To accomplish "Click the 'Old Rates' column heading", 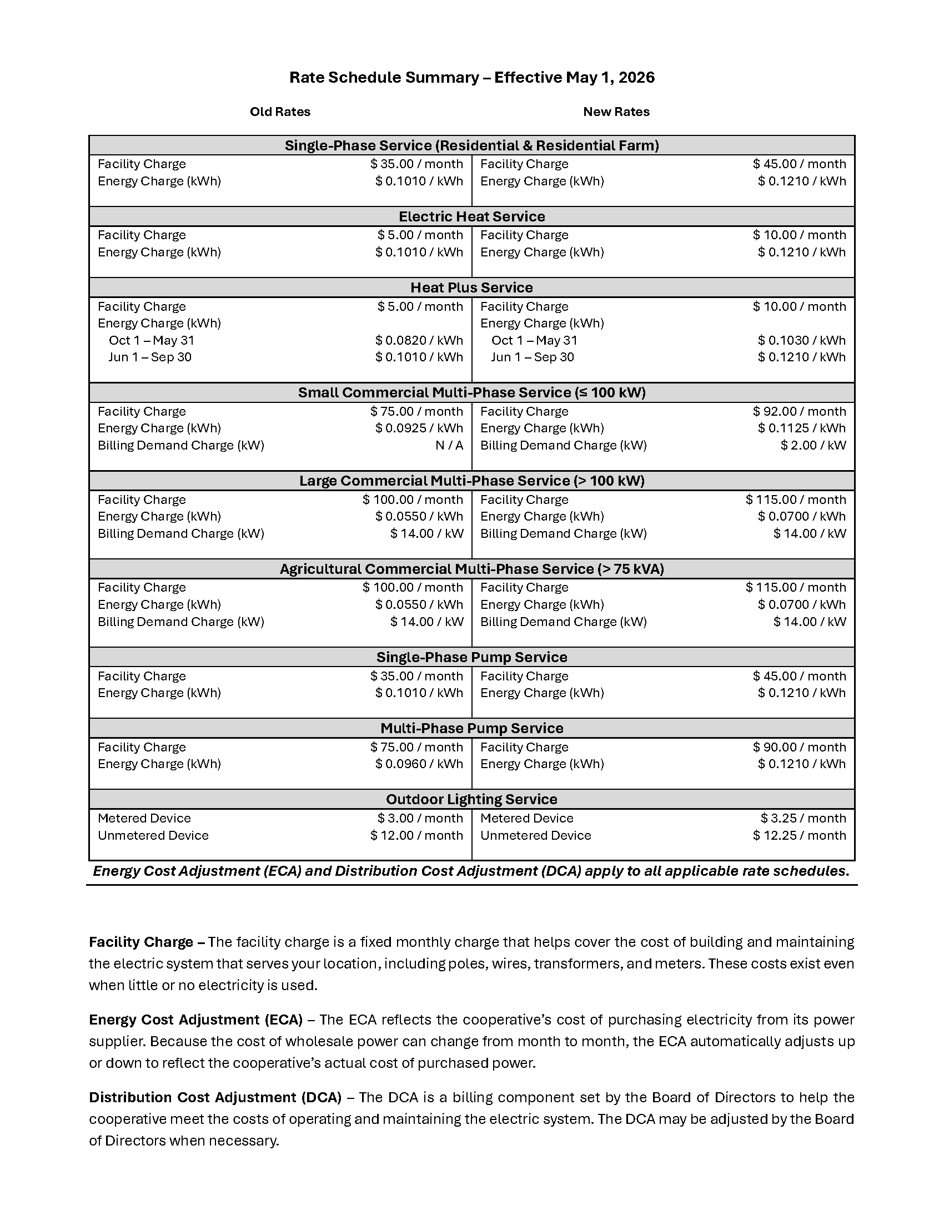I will coord(280,112).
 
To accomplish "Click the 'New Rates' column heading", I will coord(616,112).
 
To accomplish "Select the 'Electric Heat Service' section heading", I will coord(471,216).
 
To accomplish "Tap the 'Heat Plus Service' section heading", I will coord(471,287).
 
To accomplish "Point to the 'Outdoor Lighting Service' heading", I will coord(471,799).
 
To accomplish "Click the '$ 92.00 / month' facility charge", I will coord(799,411).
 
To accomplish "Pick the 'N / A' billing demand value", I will coord(449,445).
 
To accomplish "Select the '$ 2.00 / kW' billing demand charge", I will coord(813,445).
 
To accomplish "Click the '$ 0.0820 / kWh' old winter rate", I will coord(419,340).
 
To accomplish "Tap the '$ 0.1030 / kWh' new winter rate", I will coord(801,340).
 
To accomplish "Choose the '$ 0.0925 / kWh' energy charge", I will coord(419,428).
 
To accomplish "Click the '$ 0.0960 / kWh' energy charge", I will coord(419,764).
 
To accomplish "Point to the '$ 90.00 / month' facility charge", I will coord(799,747).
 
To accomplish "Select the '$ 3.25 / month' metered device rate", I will coord(803,818).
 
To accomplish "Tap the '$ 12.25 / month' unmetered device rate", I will coord(799,835).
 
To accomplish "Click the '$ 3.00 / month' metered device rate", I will coord(420,818).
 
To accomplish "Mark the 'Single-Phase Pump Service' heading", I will coord(471,657).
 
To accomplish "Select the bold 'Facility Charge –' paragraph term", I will coord(148,942).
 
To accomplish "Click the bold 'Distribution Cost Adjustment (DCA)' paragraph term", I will coord(215,1097).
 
